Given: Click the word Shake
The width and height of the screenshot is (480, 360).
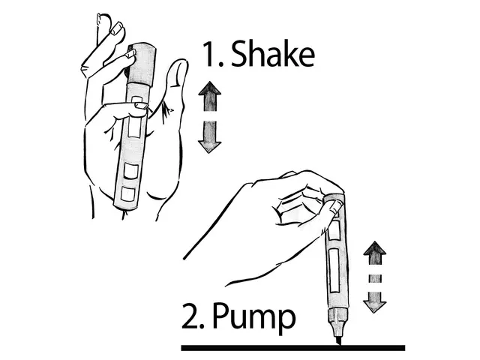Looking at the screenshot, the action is point(273,54).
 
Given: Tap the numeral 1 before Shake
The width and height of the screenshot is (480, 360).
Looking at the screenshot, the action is point(210,54).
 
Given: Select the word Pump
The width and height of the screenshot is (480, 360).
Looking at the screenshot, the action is point(253,317).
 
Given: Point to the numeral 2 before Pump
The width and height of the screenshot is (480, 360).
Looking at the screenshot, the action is point(190,316).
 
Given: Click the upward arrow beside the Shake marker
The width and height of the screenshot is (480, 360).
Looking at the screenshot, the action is point(210,96).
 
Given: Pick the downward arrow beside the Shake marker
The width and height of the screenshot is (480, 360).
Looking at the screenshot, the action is point(210,136).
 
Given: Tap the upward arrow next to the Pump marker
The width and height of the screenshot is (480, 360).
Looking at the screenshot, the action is point(375,253).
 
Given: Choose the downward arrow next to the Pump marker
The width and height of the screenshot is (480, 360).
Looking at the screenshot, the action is point(375,302).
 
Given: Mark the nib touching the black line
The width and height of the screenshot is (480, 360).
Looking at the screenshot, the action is point(337,340).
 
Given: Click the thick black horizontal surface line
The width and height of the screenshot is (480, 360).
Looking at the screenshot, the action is point(293,348).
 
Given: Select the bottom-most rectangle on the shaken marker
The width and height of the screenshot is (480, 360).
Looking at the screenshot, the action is point(128,194).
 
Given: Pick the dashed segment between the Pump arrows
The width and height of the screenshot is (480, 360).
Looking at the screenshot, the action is point(375,278).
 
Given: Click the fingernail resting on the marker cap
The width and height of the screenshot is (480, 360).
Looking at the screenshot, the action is point(131,54).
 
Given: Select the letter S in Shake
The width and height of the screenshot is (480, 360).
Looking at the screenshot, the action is point(239,54).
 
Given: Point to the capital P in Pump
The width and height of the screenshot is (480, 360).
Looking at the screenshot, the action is point(220,316).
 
